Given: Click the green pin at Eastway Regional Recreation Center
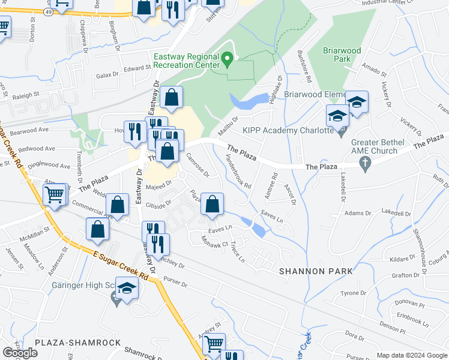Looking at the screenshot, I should click(x=228, y=59).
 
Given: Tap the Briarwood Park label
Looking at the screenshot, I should click(x=342, y=55).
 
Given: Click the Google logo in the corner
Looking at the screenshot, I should click(x=19, y=353).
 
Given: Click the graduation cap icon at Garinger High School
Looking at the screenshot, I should click(x=128, y=290).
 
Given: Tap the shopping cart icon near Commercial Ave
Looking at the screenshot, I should click(x=54, y=194).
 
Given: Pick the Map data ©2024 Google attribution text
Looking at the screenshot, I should click(x=412, y=355).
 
